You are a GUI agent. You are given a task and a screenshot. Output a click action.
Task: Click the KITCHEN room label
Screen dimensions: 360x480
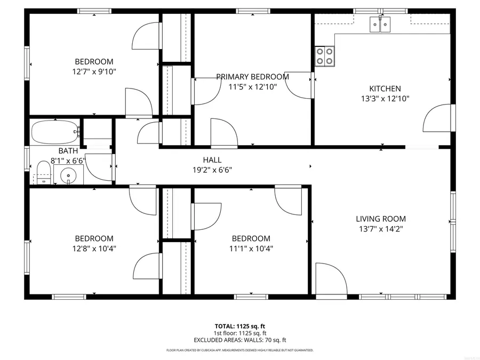[385, 89]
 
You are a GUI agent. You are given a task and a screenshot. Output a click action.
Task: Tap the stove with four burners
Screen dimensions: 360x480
[325, 56]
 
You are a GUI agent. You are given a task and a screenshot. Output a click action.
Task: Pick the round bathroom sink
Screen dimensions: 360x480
[68, 175]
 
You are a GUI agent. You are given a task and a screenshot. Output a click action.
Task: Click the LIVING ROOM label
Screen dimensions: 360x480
[381, 219]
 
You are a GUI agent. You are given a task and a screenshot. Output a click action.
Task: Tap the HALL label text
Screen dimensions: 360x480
[212, 160]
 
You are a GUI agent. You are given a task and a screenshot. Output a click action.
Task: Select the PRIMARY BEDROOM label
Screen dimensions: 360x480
[252, 77]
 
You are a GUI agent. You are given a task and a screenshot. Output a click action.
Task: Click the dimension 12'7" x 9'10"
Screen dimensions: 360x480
[94, 71]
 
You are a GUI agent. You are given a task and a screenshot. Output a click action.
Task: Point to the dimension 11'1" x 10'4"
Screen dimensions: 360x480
[251, 248]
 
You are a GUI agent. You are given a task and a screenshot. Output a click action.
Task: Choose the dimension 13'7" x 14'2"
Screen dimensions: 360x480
[381, 229]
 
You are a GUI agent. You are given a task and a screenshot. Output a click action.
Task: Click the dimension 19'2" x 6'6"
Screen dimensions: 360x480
[212, 170]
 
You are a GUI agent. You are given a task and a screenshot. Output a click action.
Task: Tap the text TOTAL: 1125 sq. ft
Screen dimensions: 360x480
[239, 325]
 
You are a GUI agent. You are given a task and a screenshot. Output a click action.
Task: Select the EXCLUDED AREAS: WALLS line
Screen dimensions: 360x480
[239, 340]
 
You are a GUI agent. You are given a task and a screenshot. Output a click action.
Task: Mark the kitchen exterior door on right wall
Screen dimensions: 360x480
[438, 118]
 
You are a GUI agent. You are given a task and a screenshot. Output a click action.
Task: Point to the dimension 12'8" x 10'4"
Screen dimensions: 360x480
[94, 248]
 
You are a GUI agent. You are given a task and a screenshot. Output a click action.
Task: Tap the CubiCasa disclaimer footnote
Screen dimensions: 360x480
[239, 350]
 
